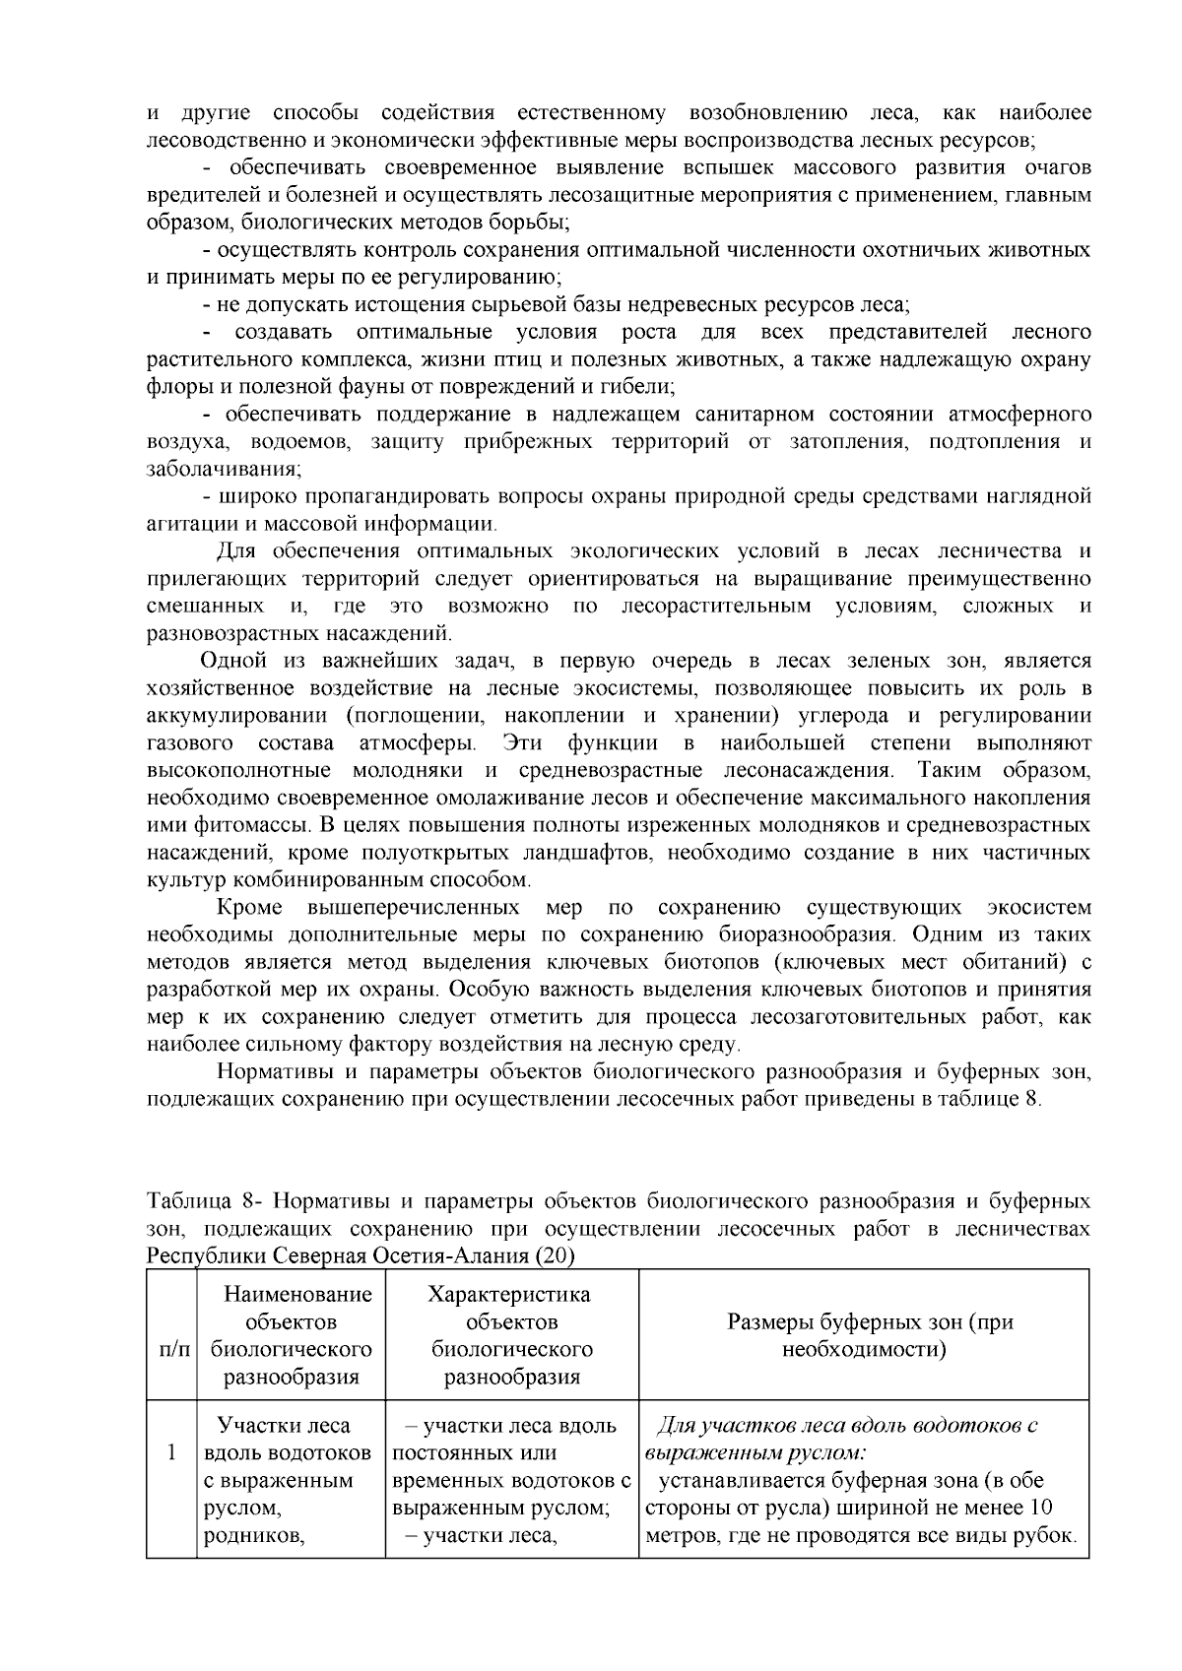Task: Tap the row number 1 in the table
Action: (172, 1452)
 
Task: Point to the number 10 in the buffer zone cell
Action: (1039, 1508)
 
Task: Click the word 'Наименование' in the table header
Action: (297, 1294)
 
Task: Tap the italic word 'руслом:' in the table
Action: (830, 1452)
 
